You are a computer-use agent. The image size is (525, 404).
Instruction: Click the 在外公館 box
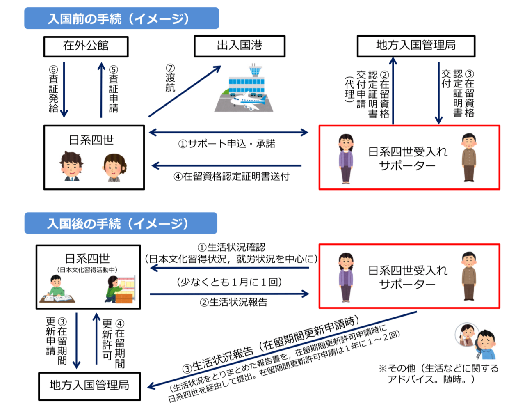pyautogui.click(x=86, y=46)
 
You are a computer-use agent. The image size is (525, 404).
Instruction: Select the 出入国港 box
pyautogui.click(x=239, y=46)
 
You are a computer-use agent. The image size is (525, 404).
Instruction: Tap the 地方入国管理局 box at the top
pyautogui.click(x=415, y=46)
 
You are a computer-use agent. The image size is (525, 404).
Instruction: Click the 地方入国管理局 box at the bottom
pyautogui.click(x=89, y=386)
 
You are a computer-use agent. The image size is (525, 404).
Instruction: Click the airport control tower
pyautogui.click(x=255, y=71)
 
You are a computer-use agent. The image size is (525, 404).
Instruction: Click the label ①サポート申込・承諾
pyautogui.click(x=226, y=144)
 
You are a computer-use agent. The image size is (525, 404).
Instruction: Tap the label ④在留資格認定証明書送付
pyautogui.click(x=231, y=177)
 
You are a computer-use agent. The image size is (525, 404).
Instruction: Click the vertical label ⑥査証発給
pyautogui.click(x=54, y=89)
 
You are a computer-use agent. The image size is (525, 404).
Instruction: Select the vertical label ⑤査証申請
pyautogui.click(x=114, y=89)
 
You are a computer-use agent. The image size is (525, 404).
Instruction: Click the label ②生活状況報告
pyautogui.click(x=233, y=303)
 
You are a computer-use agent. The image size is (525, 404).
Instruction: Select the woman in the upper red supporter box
pyautogui.click(x=346, y=158)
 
